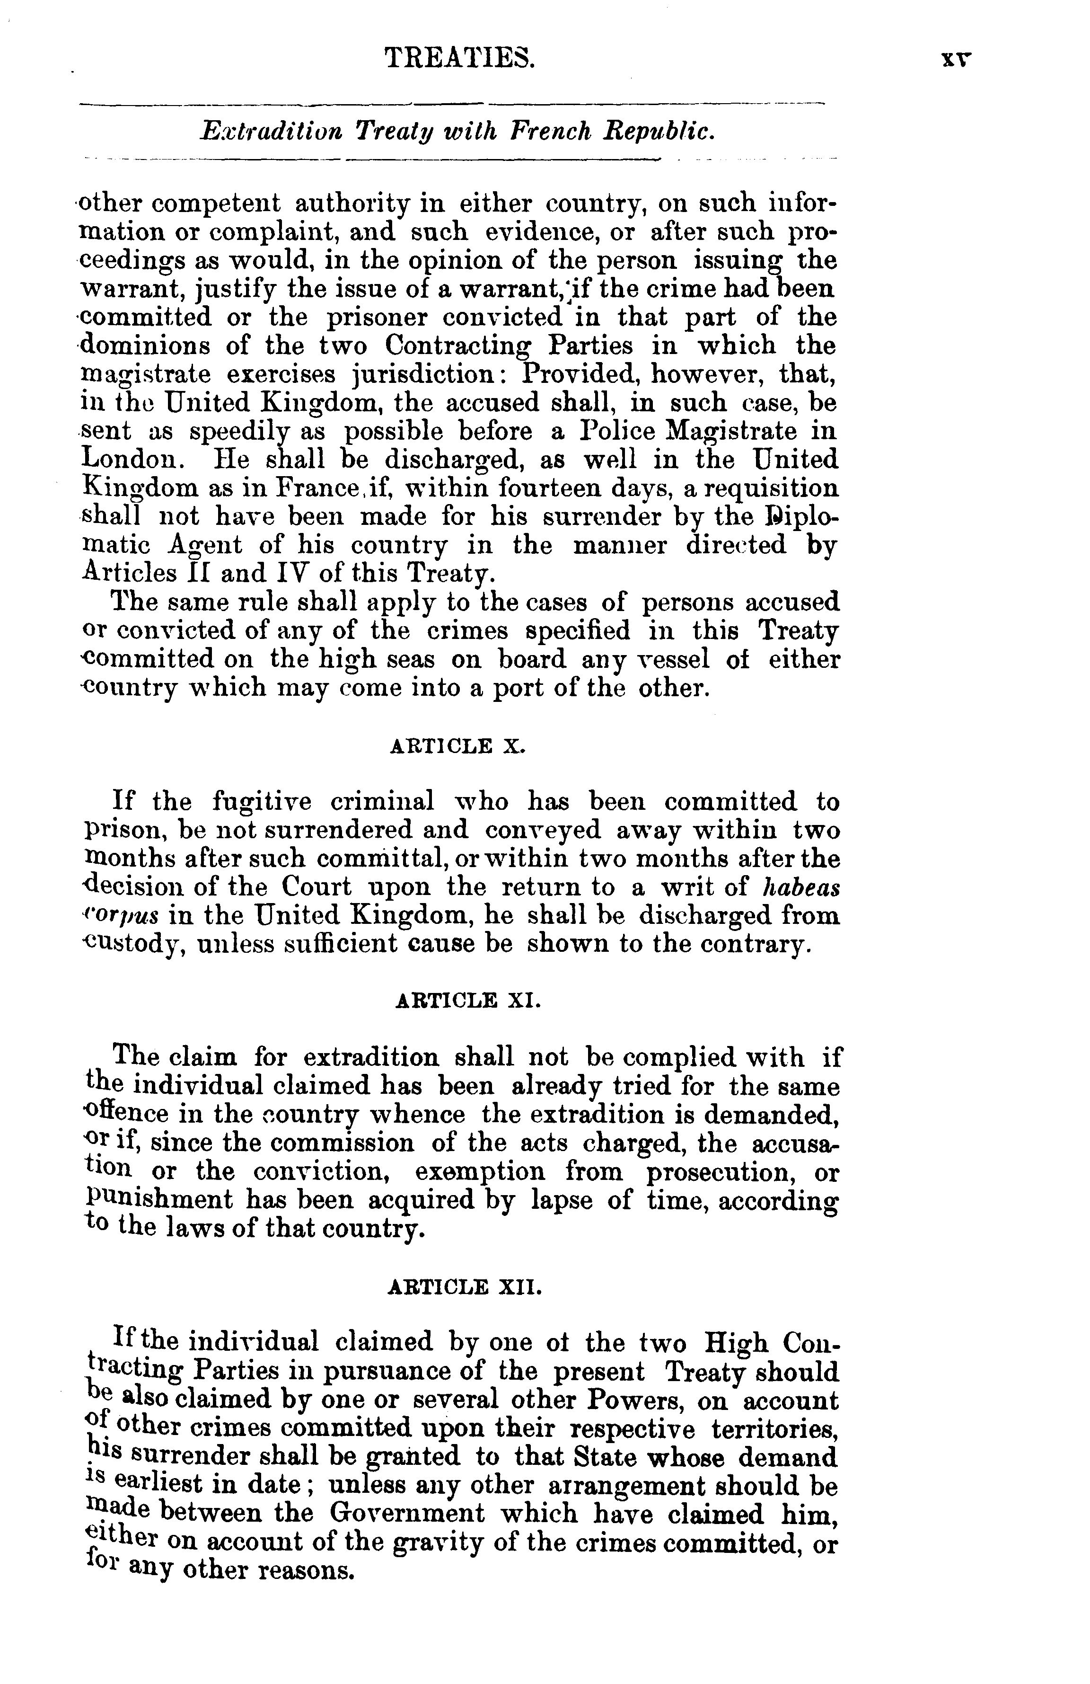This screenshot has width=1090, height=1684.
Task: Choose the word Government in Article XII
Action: tap(407, 1514)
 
